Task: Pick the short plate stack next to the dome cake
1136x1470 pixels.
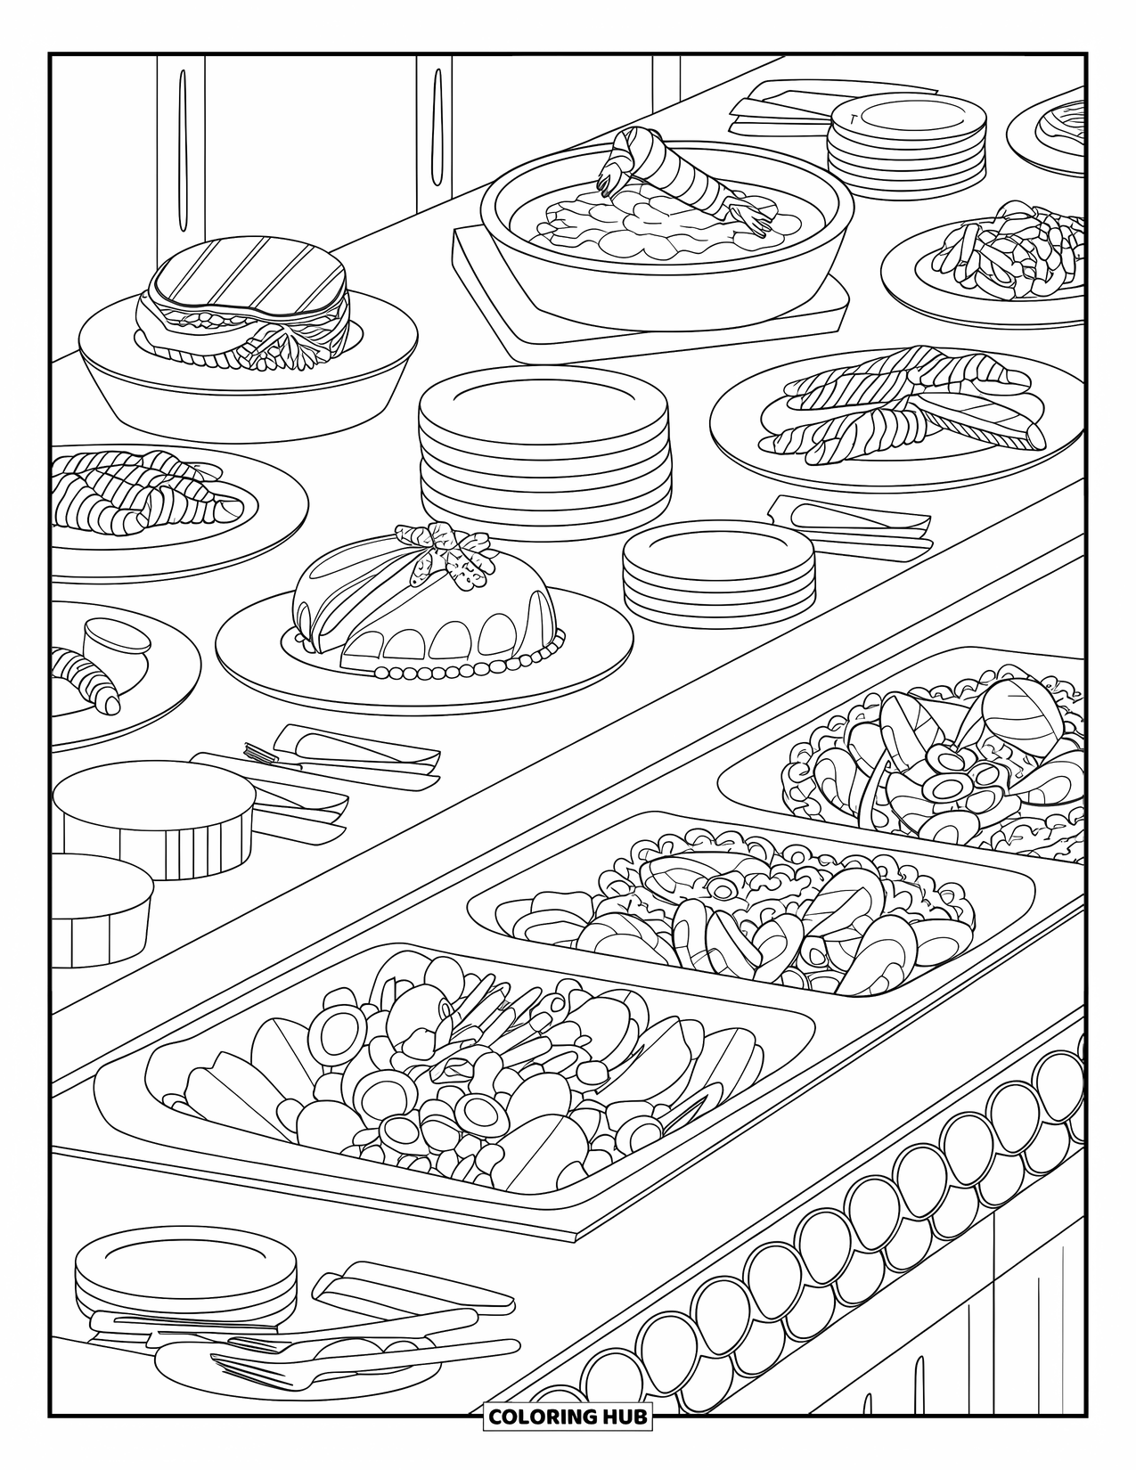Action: point(718,575)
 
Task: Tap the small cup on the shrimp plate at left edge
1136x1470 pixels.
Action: point(116,643)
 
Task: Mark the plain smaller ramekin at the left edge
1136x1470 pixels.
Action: point(98,909)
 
